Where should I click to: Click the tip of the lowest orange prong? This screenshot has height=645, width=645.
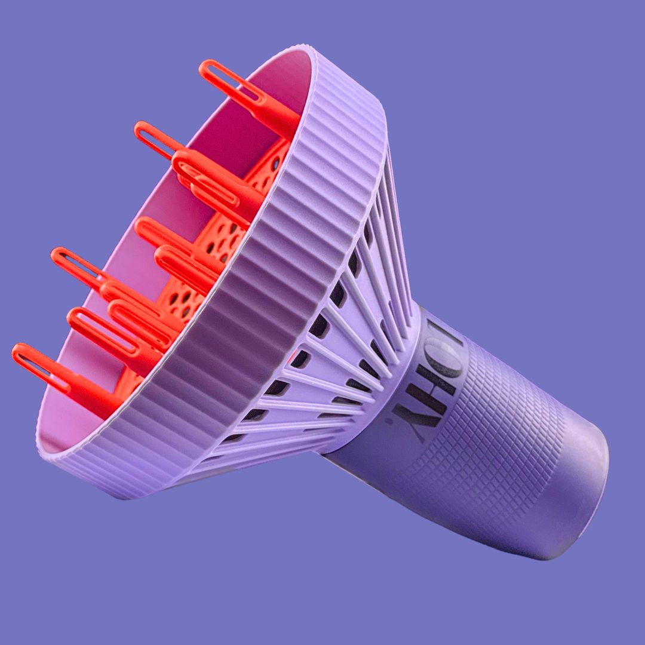tap(18, 352)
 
